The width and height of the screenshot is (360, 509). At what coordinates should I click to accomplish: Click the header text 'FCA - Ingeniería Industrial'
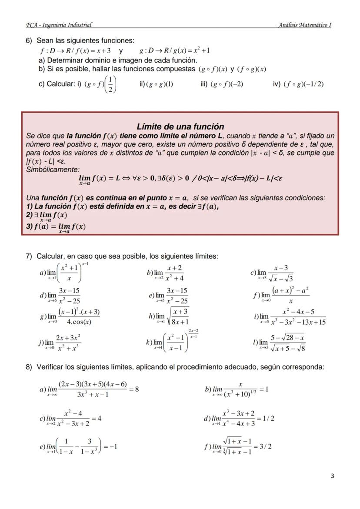pos(59,25)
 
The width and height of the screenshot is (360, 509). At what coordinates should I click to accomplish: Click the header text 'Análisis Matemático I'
pos(304,25)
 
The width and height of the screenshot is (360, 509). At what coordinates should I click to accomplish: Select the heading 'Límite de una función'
pos(180,126)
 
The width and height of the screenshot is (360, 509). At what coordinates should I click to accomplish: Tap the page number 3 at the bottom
pos(332,476)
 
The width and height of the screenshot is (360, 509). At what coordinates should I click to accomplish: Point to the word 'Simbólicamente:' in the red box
pos(53,169)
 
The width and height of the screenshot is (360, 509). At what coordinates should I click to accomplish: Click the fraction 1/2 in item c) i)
pos(110,84)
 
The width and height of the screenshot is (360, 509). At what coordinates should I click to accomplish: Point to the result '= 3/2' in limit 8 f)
pos(263,446)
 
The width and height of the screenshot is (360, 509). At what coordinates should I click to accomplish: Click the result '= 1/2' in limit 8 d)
pos(266,418)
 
